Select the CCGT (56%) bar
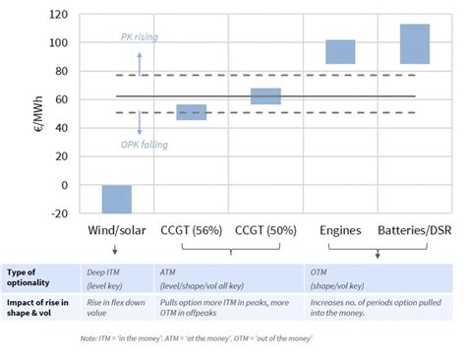point(191,112)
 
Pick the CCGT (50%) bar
point(265,96)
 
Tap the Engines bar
point(340,52)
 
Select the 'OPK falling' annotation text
point(146,145)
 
